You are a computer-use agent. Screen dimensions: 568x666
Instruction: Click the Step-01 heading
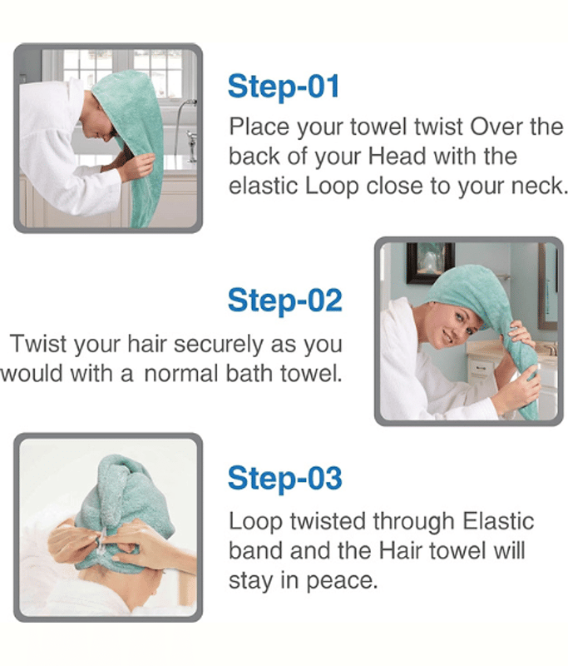[x=284, y=87]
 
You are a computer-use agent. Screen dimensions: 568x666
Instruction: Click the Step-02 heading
[x=284, y=301]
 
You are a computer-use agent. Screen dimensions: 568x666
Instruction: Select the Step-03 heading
[x=284, y=478]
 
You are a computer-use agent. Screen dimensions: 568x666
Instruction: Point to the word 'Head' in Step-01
[x=397, y=156]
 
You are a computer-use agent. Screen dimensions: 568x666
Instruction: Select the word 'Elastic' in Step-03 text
[x=498, y=521]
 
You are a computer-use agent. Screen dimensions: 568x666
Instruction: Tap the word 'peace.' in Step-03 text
[x=342, y=580]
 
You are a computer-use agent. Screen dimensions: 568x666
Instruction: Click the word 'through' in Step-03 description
[x=413, y=522]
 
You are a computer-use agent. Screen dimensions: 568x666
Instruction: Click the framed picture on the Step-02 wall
[x=431, y=262]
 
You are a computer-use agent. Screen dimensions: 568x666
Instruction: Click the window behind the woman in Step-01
[x=123, y=73]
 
